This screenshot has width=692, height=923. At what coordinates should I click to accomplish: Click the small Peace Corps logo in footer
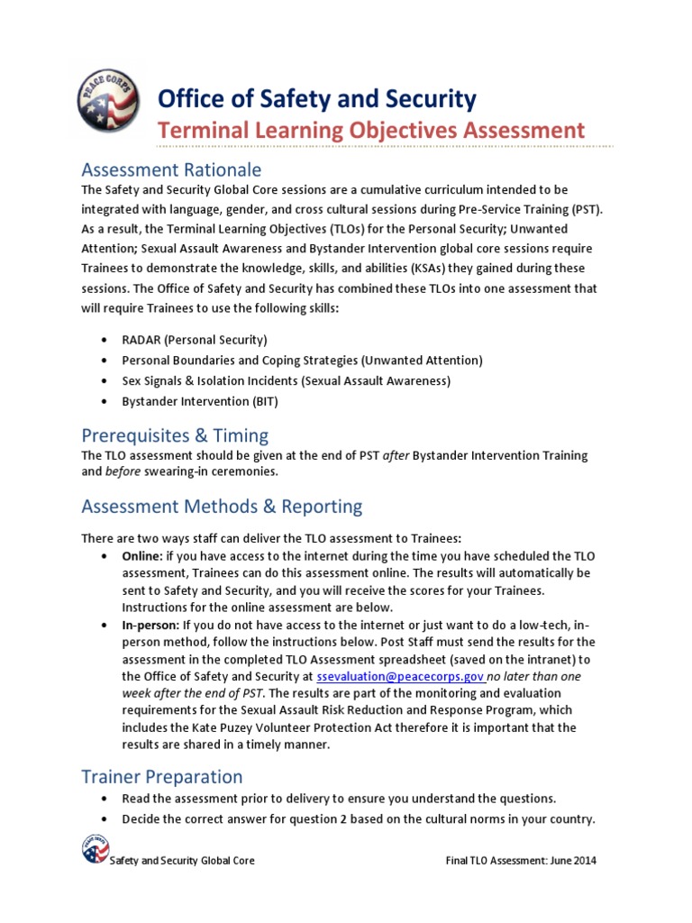coord(95,848)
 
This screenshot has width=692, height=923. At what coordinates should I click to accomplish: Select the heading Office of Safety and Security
coord(317,98)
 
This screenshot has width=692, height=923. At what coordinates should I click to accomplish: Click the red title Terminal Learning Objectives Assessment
coord(371,130)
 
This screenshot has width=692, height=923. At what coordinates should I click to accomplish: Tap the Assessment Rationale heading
coord(171,169)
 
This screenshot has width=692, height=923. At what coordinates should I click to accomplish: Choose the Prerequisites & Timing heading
coord(175,435)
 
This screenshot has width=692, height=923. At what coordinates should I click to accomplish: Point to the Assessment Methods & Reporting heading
coord(222,506)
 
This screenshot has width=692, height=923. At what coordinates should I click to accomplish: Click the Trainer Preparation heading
coord(162,776)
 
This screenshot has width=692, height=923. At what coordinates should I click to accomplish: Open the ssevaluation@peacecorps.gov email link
coord(400,675)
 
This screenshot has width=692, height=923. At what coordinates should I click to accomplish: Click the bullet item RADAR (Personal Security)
coord(195,340)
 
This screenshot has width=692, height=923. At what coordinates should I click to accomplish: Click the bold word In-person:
coord(151,625)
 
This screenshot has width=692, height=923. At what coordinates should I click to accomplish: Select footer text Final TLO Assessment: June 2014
coord(521,860)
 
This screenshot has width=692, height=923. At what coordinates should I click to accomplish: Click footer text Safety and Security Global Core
coord(182,860)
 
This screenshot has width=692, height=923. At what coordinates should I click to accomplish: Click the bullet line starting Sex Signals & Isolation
coord(287,380)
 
